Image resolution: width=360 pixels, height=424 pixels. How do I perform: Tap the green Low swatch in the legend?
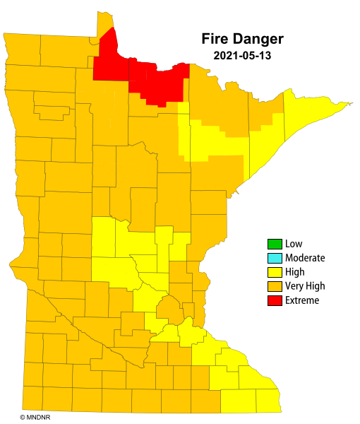pyautogui.click(x=274, y=245)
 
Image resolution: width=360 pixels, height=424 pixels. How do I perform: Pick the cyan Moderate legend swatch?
pyautogui.click(x=274, y=258)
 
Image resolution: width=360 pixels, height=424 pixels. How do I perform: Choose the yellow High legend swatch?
pyautogui.click(x=274, y=272)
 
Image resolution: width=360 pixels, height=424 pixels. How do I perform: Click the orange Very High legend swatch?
pyautogui.click(x=274, y=286)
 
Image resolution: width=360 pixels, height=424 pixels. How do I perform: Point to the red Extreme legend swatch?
pyautogui.click(x=274, y=300)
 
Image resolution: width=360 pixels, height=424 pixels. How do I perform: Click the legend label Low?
pyautogui.click(x=294, y=245)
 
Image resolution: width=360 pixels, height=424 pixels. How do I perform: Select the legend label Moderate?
pyautogui.click(x=305, y=258)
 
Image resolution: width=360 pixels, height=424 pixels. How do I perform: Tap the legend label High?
pyautogui.click(x=295, y=272)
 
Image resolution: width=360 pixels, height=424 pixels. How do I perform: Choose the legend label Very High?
pyautogui.click(x=305, y=286)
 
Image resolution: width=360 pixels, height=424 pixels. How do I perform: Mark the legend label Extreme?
pyautogui.click(x=302, y=300)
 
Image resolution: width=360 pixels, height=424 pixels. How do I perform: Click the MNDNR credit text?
pyautogui.click(x=37, y=418)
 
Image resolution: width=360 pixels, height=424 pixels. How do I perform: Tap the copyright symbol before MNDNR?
pyautogui.click(x=23, y=418)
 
